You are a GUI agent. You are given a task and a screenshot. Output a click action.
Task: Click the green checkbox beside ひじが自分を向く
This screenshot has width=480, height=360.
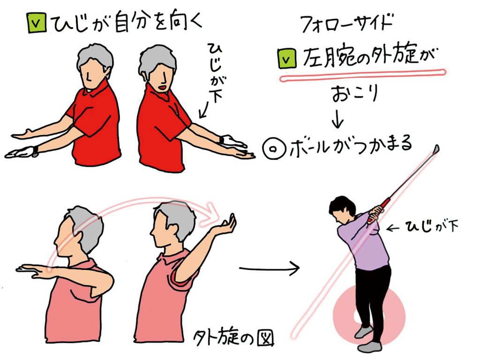tap(37, 22)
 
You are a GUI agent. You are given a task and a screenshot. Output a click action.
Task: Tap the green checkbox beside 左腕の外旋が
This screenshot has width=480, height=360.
tap(287, 58)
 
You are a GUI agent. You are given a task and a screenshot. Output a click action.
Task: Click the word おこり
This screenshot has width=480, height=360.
tap(355, 93)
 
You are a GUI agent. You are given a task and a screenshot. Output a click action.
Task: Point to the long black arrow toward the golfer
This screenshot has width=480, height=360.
tap(269, 269)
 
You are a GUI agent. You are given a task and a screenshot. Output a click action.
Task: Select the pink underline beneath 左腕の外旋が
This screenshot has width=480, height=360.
tap(362, 75)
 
